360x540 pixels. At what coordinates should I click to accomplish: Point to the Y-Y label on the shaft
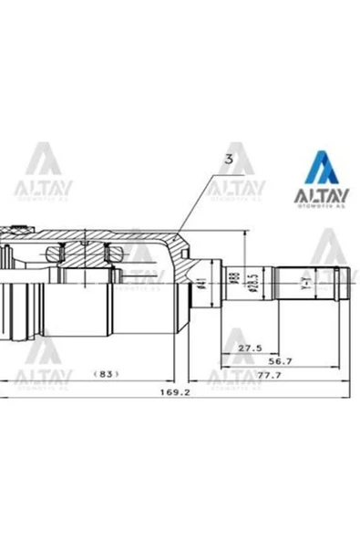(306, 285)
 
